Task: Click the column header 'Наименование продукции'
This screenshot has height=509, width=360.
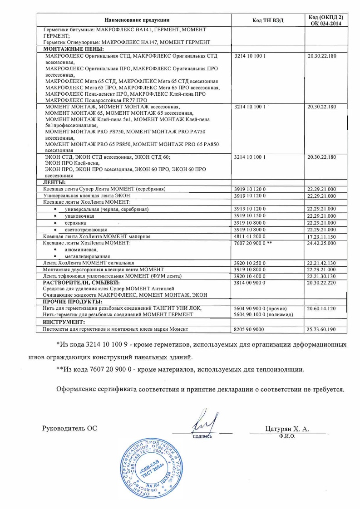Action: (x=137, y=20)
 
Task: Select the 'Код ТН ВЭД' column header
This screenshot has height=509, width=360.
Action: (x=268, y=20)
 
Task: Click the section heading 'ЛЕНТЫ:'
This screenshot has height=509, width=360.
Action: (x=54, y=182)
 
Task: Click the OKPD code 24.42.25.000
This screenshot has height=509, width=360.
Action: (x=321, y=243)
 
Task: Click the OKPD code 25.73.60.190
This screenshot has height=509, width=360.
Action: (x=321, y=329)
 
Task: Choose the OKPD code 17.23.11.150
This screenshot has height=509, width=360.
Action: (x=321, y=236)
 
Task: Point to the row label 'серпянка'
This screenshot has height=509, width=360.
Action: (x=75, y=223)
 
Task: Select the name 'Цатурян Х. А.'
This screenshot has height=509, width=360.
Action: (x=287, y=428)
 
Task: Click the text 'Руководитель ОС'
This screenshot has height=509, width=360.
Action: (x=69, y=428)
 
